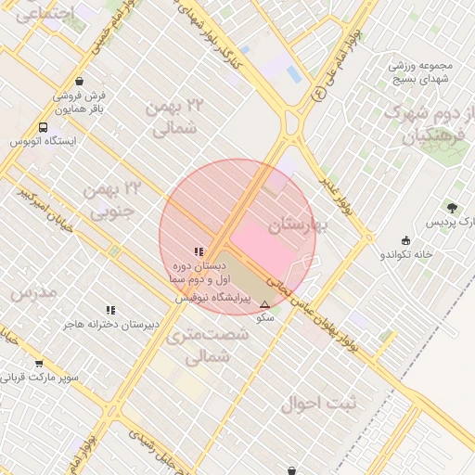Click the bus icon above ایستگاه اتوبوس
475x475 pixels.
(x=43, y=127)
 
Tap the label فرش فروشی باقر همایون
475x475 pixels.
(x=80, y=102)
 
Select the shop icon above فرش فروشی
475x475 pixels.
(x=80, y=81)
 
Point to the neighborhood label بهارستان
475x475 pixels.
(x=299, y=226)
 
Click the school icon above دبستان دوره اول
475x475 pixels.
(x=199, y=251)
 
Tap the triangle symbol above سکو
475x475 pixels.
(x=265, y=304)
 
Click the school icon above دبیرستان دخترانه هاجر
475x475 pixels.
(x=110, y=310)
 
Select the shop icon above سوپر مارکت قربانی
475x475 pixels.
(x=39, y=364)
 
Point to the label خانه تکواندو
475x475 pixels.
(x=406, y=254)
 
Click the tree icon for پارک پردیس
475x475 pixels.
(x=453, y=208)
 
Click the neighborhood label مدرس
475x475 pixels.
(x=34, y=292)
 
